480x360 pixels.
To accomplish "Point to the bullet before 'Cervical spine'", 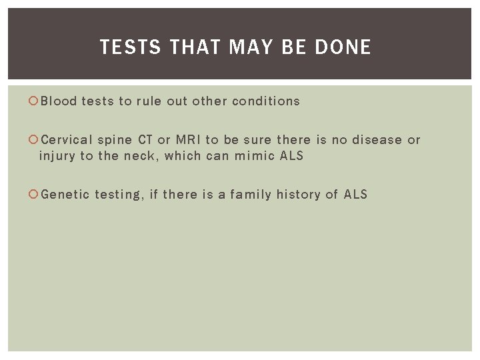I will [x=35, y=140].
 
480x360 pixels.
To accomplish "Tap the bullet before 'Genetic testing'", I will [x=35, y=195].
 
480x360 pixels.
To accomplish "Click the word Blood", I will [x=58, y=101].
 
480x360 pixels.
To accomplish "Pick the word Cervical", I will [x=67, y=140].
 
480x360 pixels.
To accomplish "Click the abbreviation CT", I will [x=145, y=140].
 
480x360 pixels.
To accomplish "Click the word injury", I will [x=56, y=156].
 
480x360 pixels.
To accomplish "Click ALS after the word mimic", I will [x=291, y=156].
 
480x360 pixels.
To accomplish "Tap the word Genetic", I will [x=65, y=195].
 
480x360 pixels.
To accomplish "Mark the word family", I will [x=250, y=195].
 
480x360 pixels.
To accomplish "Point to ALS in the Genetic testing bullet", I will [x=355, y=195].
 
